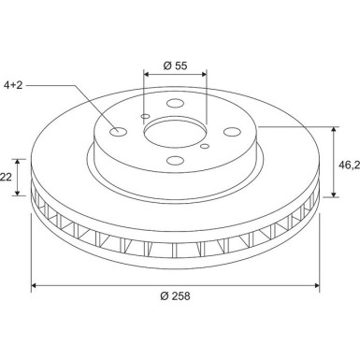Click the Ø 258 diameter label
coord(175,296)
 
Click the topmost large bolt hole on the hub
coord(176,106)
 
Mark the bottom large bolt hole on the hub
coord(176,163)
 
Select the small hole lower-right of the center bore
coord(205,145)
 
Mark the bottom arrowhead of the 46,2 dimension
coord(332,195)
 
